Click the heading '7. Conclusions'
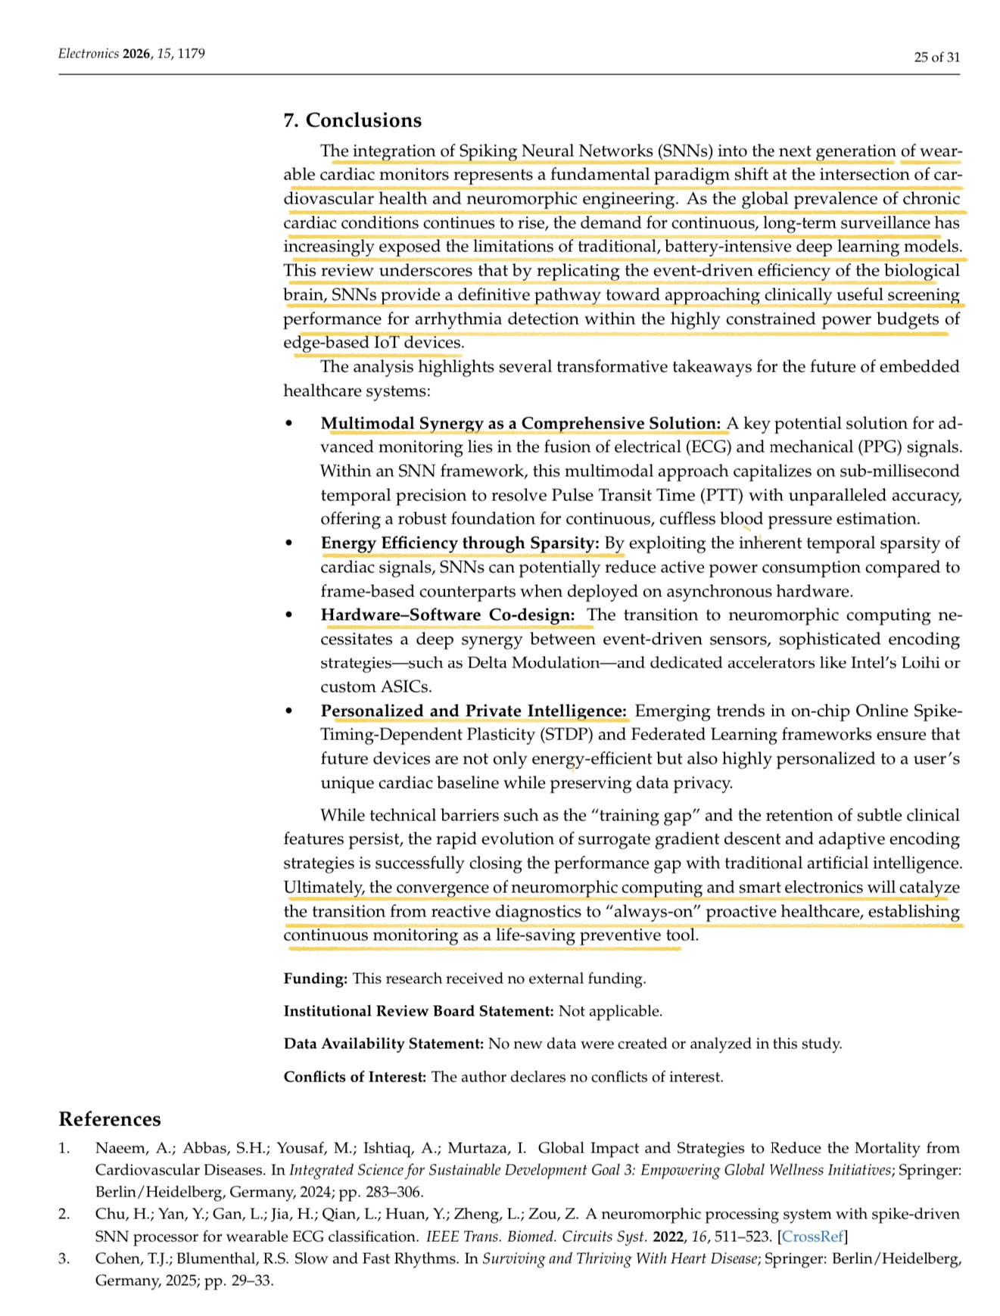point(352,120)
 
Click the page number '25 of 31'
point(936,57)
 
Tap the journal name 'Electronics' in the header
point(89,54)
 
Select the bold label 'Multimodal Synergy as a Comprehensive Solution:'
point(521,423)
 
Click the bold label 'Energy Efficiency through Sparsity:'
point(460,543)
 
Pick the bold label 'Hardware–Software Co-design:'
point(447,614)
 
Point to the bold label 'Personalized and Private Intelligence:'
point(474,711)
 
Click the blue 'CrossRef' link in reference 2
point(813,1237)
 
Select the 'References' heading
point(110,1119)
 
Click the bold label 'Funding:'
point(316,978)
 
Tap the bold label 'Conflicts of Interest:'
point(355,1076)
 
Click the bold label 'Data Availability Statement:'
point(384,1044)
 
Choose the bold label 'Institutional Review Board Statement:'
point(419,1011)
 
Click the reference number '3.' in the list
point(64,1258)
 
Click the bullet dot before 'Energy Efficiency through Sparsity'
point(288,543)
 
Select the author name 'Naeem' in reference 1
point(115,1148)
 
